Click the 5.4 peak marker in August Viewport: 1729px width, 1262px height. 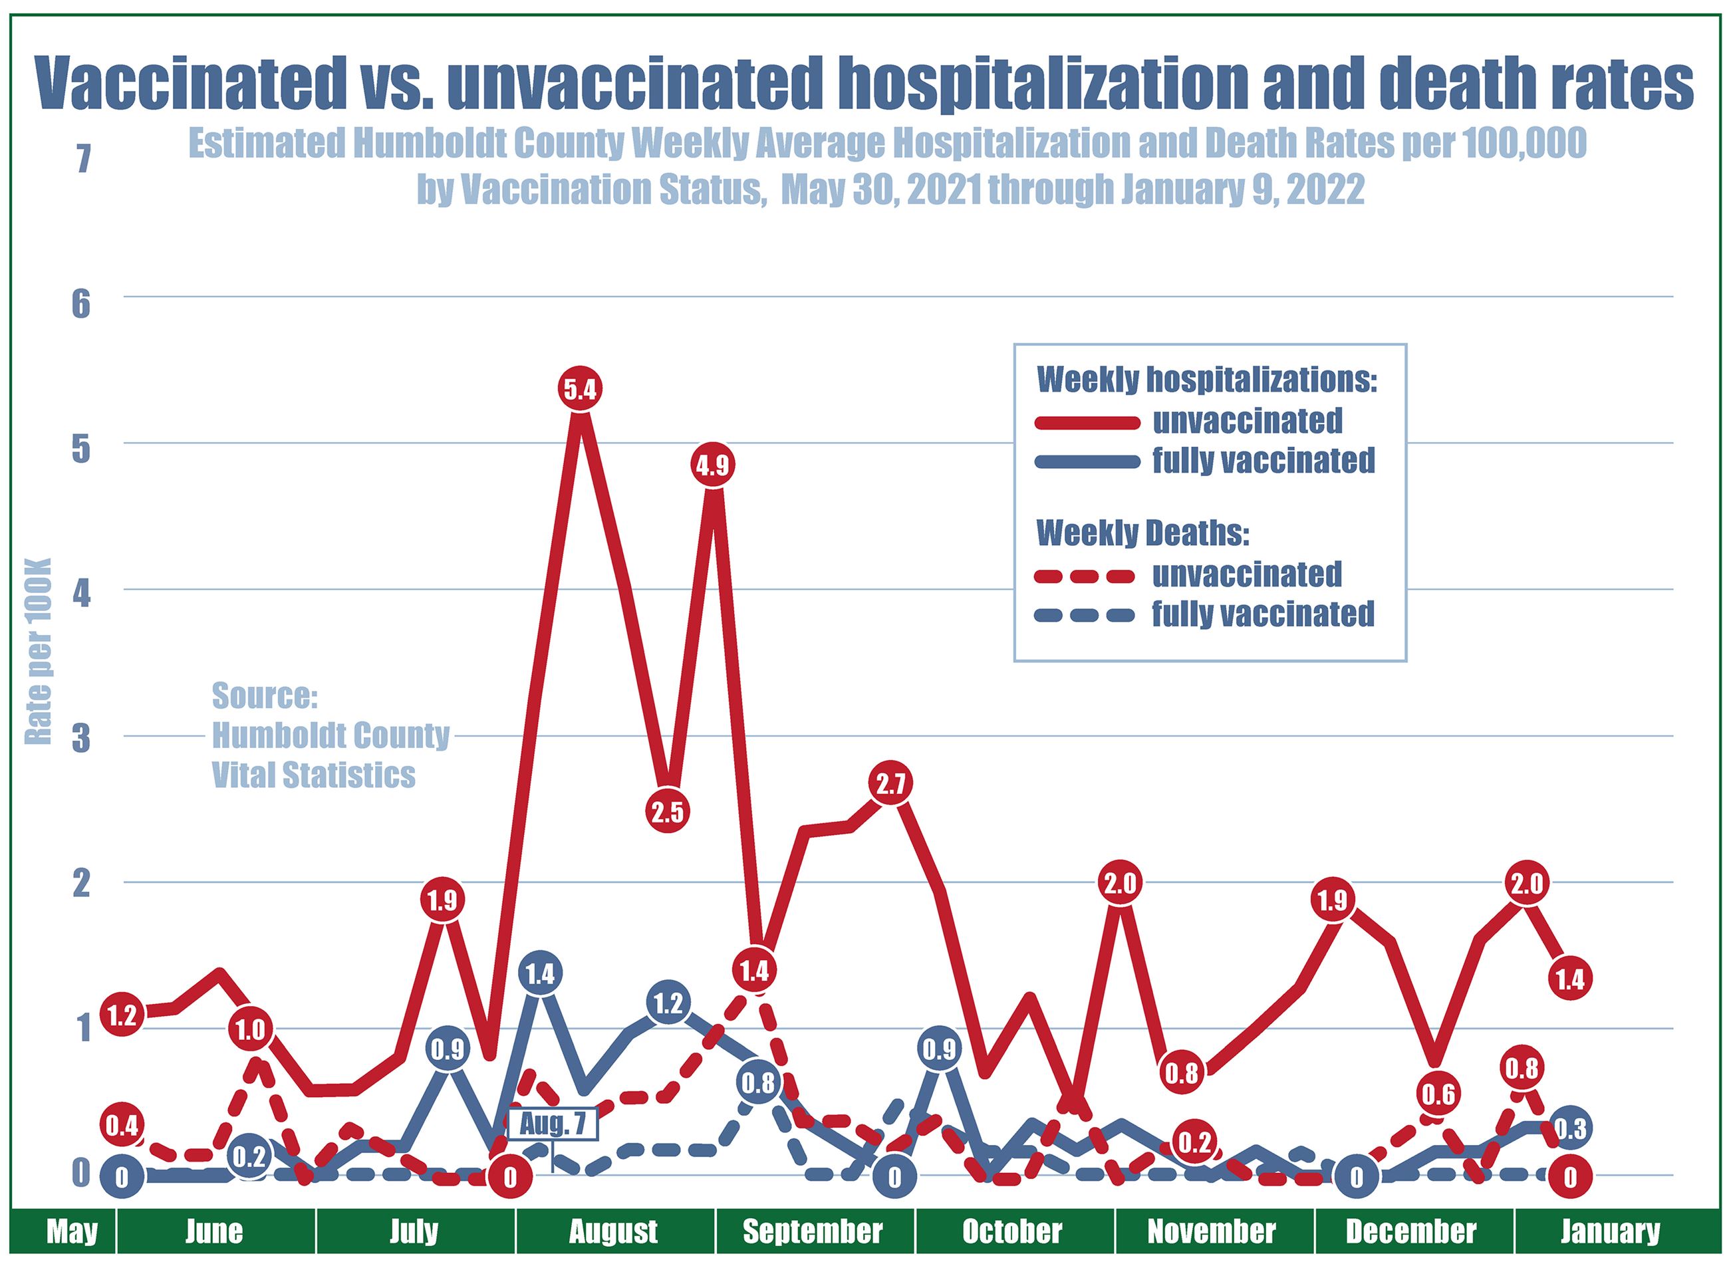tap(580, 390)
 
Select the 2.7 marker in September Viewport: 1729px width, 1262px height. tap(891, 784)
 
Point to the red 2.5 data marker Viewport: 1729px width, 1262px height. tap(668, 812)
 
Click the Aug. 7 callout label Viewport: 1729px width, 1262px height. tap(553, 1124)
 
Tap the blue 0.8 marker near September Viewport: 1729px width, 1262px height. tap(758, 1083)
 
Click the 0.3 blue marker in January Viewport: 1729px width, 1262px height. tap(1571, 1128)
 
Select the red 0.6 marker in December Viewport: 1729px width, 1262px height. tap(1438, 1094)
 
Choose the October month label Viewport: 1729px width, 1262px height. tap(1011, 1231)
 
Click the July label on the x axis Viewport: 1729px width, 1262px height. tap(414, 1231)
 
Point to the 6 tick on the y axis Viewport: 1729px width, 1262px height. tap(81, 304)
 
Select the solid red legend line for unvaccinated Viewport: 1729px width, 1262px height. tap(1087, 422)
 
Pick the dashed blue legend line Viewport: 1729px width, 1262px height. tap(1087, 615)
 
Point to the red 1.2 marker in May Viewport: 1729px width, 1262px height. tap(122, 1016)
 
